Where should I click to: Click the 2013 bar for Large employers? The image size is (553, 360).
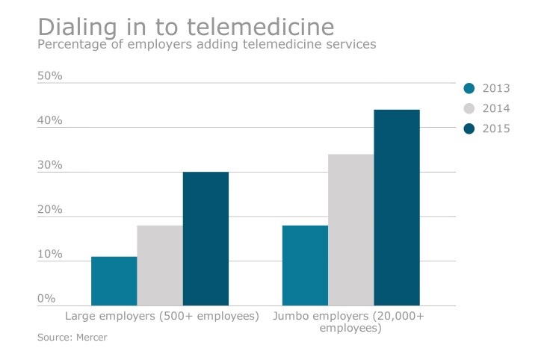point(114,281)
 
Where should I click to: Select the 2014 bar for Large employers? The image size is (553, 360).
point(160,265)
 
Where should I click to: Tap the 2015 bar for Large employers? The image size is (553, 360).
point(206,238)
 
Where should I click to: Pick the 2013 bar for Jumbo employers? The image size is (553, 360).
point(305,265)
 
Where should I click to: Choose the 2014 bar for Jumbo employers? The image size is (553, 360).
point(351,229)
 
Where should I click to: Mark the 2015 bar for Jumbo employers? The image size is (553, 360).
point(397,207)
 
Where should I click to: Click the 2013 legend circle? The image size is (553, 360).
point(469,88)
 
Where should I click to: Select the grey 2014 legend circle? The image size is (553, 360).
point(469,108)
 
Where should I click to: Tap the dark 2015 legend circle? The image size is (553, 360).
point(469,128)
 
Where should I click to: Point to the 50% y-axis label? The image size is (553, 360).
point(50,76)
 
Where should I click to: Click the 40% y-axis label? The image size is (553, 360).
point(50,121)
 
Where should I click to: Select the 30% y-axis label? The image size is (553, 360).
point(50,165)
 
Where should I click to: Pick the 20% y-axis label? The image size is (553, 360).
point(50,210)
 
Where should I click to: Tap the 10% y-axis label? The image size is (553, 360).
point(50,255)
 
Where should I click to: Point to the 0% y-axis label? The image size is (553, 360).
point(46,299)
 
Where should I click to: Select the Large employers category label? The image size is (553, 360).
point(162,317)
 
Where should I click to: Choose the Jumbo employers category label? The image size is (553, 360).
point(348,322)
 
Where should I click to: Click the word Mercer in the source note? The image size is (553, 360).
point(92,338)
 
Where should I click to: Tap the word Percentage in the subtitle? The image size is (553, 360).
point(73,45)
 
